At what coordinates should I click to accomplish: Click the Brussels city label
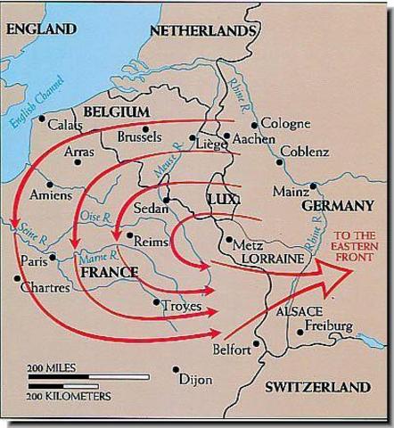(139, 137)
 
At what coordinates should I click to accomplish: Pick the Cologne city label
(285, 123)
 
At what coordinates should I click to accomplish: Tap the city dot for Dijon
(176, 368)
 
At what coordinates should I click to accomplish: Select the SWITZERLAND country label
(317, 388)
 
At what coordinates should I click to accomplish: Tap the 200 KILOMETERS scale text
(69, 394)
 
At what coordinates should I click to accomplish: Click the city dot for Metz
(229, 239)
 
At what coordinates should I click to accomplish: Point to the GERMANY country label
(336, 206)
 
